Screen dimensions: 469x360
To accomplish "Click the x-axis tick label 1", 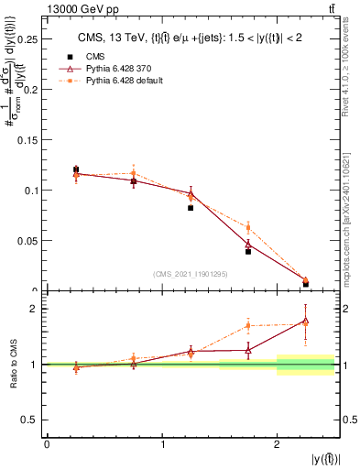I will tap(162, 444).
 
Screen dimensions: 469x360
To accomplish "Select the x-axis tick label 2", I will tap(277, 444).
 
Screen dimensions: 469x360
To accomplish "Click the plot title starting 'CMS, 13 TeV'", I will tap(191, 37).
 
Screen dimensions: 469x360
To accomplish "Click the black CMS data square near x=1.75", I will tap(248, 251).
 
